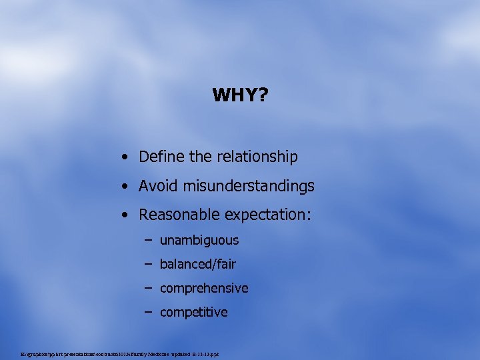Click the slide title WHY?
(x=240, y=95)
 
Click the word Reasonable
(x=180, y=215)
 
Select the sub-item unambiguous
(x=199, y=241)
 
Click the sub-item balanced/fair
(x=197, y=265)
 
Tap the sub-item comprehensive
(x=203, y=289)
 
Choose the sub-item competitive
(x=193, y=313)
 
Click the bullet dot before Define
(x=125, y=158)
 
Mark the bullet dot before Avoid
(x=125, y=187)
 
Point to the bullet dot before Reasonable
(x=125, y=216)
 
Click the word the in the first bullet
(x=200, y=157)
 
